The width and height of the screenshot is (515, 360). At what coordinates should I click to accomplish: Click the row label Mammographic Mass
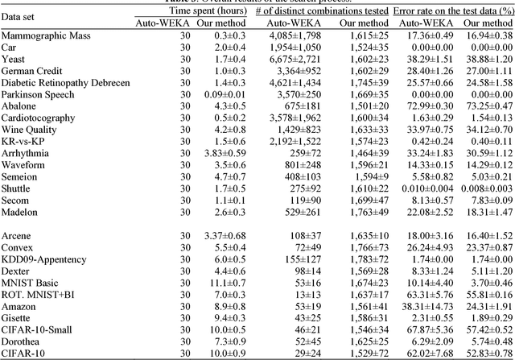[45, 37]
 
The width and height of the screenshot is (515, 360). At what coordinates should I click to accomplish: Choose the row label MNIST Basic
[31, 283]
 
